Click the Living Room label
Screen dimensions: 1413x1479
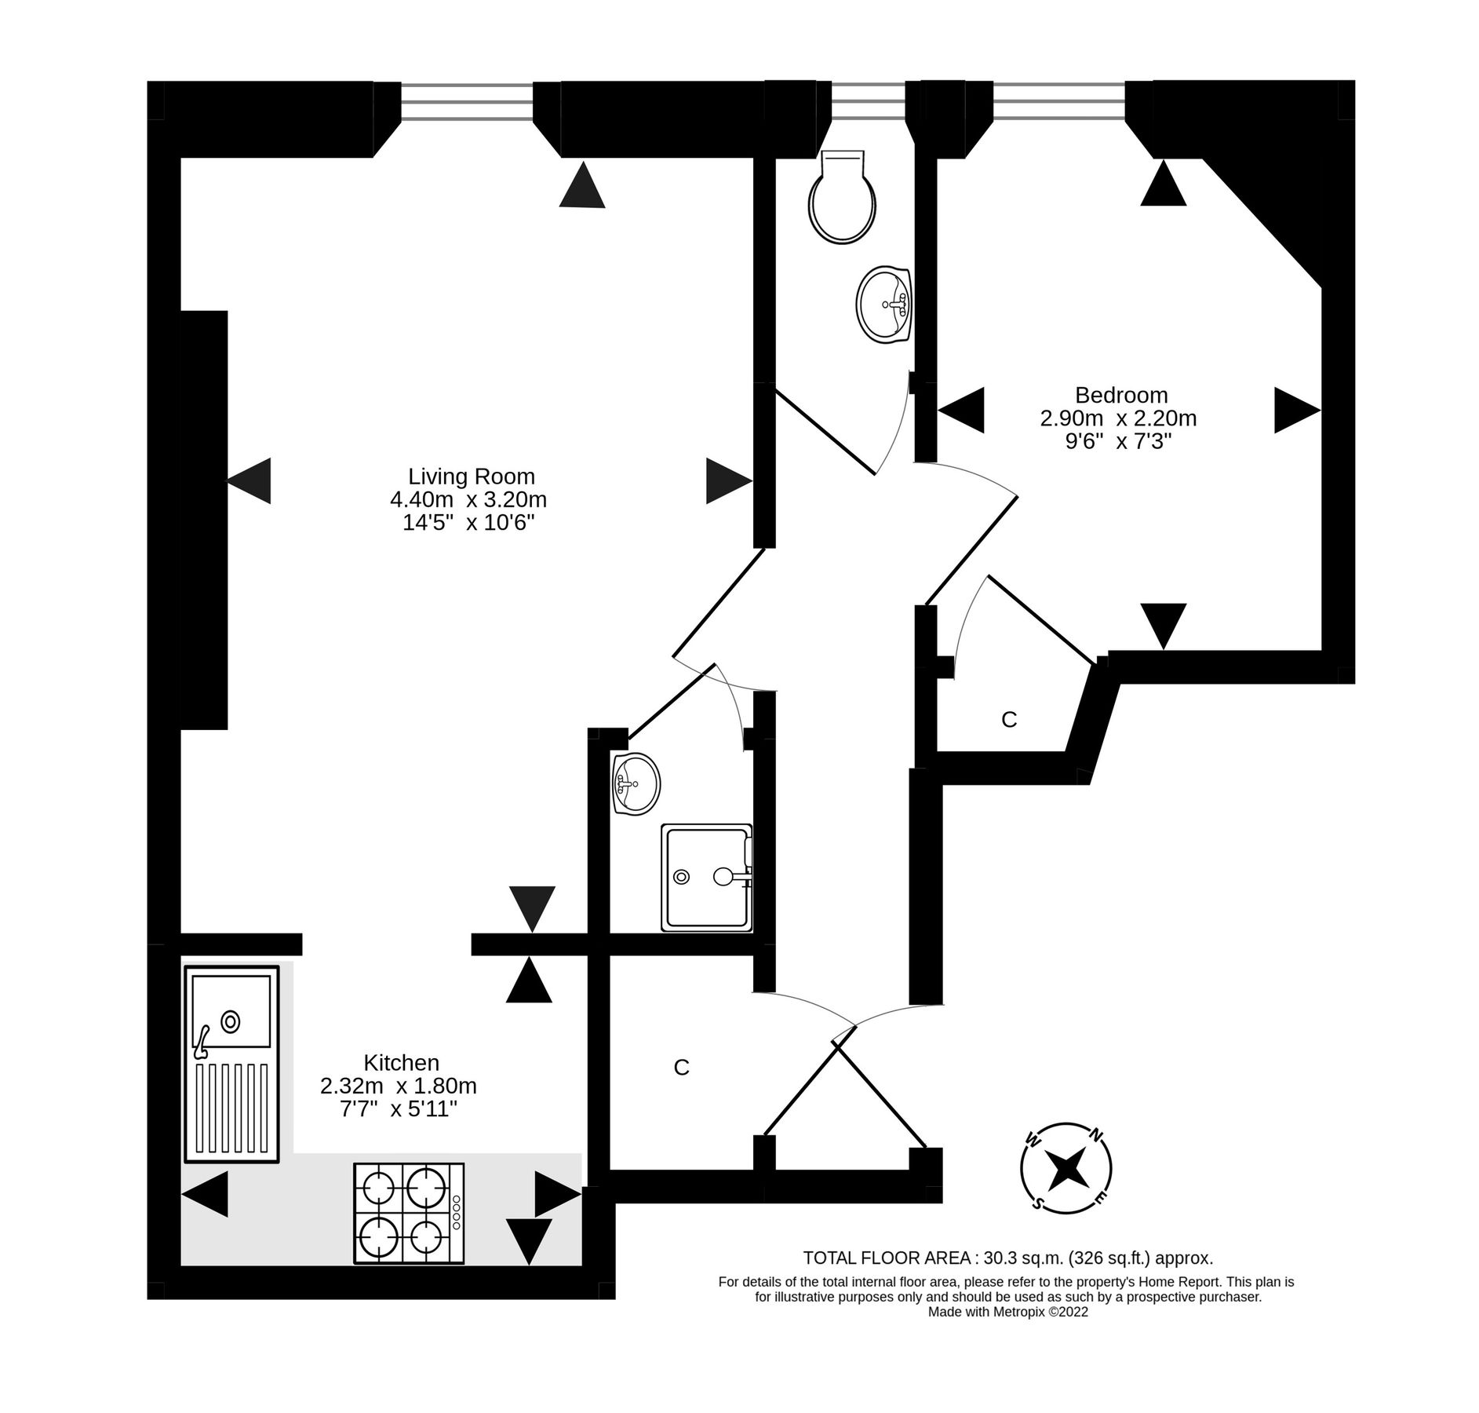pyautogui.click(x=471, y=476)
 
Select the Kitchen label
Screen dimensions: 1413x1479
pyautogui.click(x=401, y=1063)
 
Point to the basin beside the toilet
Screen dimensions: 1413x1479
pyautogui.click(x=883, y=305)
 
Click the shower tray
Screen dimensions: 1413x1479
pyautogui.click(x=705, y=877)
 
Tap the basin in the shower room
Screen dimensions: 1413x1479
pyautogui.click(x=636, y=783)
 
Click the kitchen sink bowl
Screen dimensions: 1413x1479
pyautogui.click(x=231, y=1010)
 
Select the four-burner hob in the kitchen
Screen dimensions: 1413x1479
pyautogui.click(x=409, y=1214)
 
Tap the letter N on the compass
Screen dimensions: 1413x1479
pyautogui.click(x=1098, y=1135)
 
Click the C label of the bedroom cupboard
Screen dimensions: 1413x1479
pyautogui.click(x=1009, y=719)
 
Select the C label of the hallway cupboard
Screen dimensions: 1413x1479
pyautogui.click(x=681, y=1068)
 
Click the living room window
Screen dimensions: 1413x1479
pyautogui.click(x=467, y=103)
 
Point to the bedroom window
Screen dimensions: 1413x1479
pyautogui.click(x=1058, y=103)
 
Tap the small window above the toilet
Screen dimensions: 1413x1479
pyautogui.click(x=868, y=103)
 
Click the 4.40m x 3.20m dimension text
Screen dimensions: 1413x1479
pyautogui.click(x=468, y=499)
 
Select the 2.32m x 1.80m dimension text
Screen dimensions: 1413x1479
pyautogui.click(x=399, y=1086)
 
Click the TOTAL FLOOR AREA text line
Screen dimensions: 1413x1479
pyautogui.click(x=1007, y=1258)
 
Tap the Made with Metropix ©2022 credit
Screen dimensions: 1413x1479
pyautogui.click(x=1007, y=1312)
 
